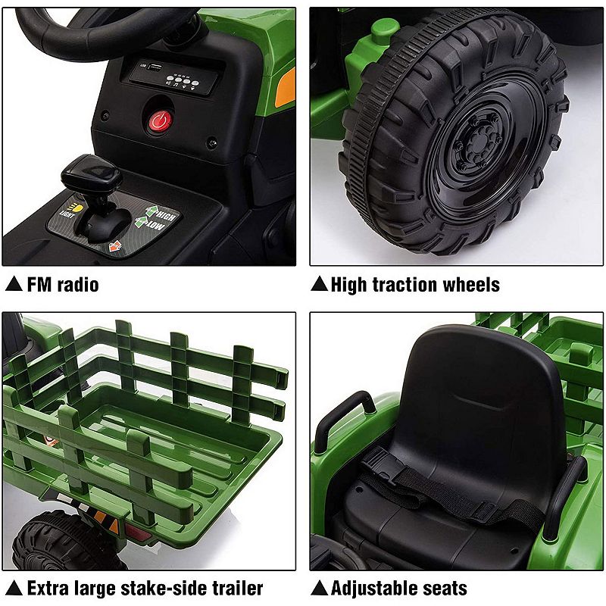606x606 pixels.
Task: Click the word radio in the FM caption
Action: tap(74, 285)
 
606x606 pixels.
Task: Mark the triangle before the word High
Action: tap(319, 285)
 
